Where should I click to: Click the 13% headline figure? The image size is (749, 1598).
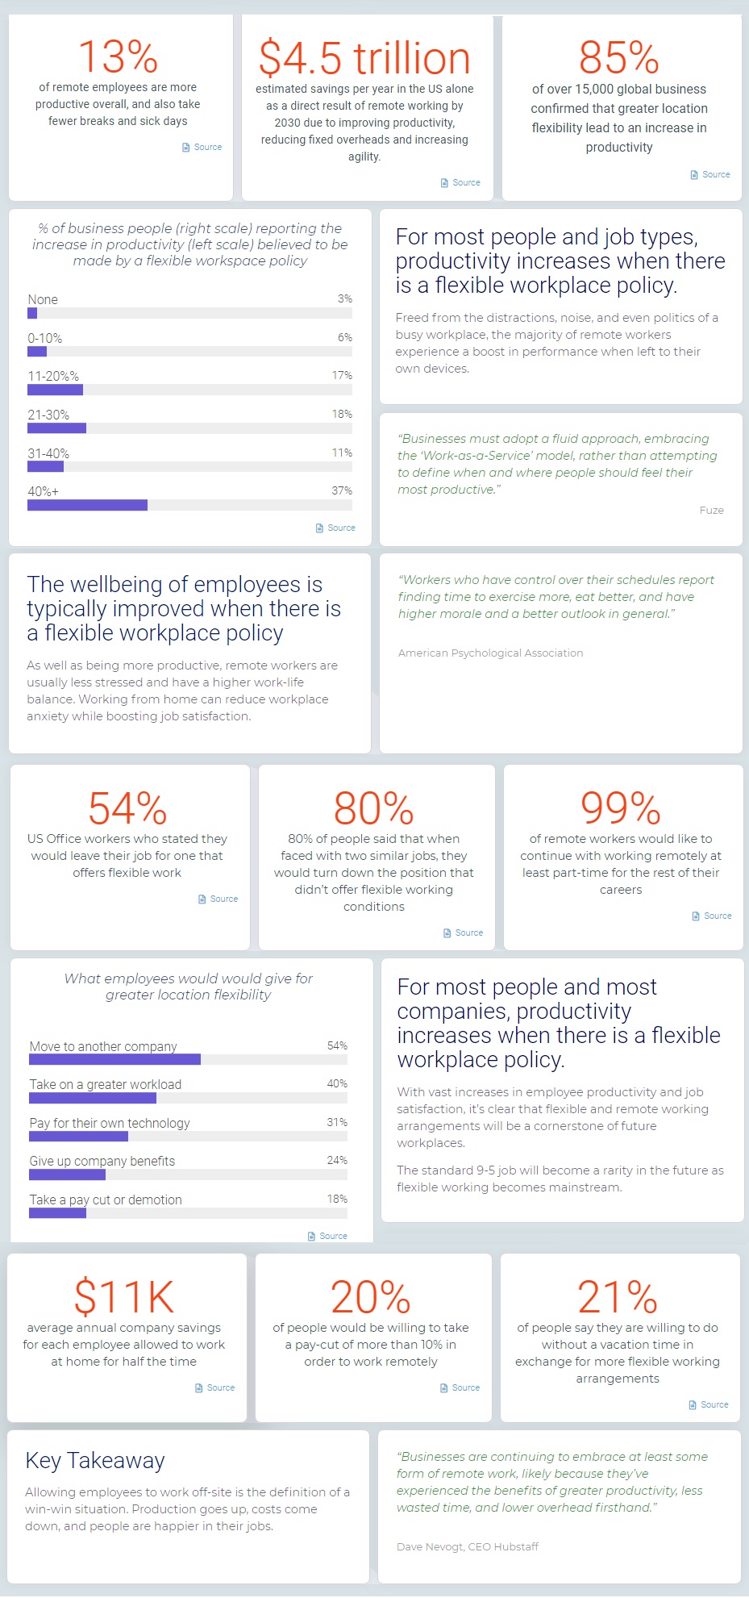click(x=118, y=56)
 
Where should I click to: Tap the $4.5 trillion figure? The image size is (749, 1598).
click(x=364, y=59)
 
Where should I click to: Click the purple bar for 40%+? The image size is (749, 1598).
click(x=87, y=505)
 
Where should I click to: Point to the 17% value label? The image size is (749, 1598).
click(x=342, y=375)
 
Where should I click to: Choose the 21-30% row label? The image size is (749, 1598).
click(x=48, y=415)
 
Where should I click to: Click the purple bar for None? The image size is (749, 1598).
click(x=32, y=313)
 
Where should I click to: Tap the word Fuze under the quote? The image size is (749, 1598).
click(x=711, y=510)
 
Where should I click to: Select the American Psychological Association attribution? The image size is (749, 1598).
click(x=490, y=653)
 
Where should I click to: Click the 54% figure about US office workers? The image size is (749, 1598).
click(x=127, y=808)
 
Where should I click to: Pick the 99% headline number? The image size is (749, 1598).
click(x=621, y=808)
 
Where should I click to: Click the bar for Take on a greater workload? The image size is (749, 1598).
click(x=92, y=1098)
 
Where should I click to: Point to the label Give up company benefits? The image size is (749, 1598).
click(x=102, y=1161)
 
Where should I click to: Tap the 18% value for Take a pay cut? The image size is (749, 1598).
click(x=337, y=1199)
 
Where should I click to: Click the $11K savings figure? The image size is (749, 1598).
click(x=124, y=1297)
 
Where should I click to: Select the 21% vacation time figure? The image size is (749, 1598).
click(x=618, y=1297)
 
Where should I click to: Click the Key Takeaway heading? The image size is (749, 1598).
click(x=95, y=1460)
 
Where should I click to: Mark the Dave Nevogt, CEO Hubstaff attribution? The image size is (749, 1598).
click(x=468, y=1546)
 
